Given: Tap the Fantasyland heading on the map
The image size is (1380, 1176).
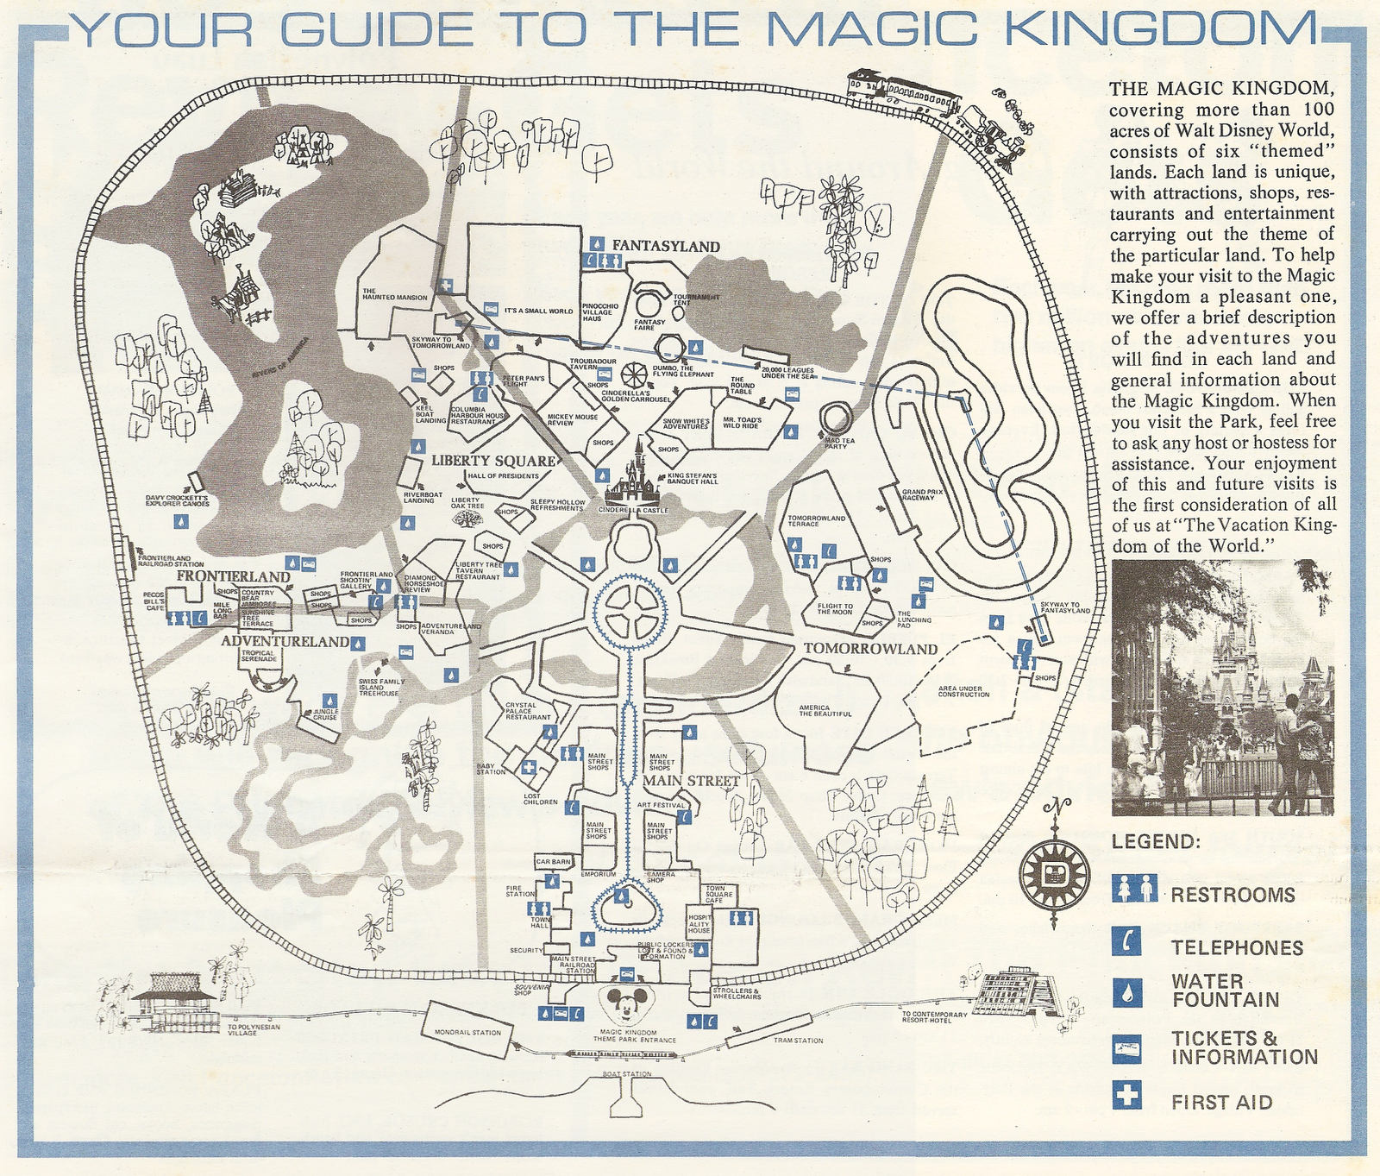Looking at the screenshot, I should coord(666,246).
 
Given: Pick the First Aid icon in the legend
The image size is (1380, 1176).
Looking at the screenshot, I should coord(1126,1095).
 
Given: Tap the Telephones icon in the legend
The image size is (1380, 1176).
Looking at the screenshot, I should coord(1126,941).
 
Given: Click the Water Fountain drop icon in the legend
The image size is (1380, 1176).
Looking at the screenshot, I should coord(1126,992).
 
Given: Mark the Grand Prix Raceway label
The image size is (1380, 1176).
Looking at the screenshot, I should coord(918,495).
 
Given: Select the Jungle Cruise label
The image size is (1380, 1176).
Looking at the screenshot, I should coord(325,714).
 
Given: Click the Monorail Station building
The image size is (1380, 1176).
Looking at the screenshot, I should coord(467,1032).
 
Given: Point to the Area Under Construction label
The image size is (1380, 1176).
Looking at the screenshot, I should coord(963,692).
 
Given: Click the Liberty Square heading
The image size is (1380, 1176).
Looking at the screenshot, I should coord(493,460).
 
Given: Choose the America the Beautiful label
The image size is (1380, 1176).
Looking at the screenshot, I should coord(825,710).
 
